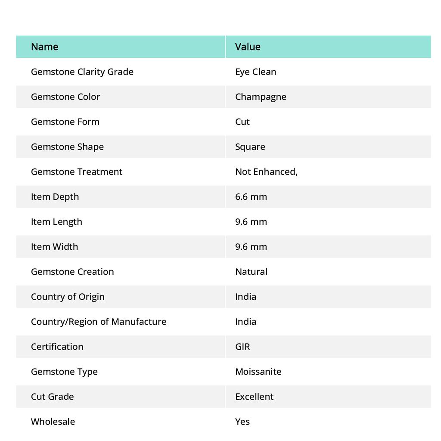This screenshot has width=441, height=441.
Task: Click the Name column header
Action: pos(44,47)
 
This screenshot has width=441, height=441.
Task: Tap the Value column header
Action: pos(248,47)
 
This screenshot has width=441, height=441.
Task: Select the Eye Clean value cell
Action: pos(255,71)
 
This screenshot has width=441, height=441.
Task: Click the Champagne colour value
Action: pos(261,96)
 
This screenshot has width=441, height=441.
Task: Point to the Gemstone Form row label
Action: pos(65,121)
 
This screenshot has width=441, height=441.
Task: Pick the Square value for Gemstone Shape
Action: pos(250,146)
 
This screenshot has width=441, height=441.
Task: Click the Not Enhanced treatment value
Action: pos(266,171)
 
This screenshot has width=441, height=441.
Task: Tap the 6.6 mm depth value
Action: pos(251,196)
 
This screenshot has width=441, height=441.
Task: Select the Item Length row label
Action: pos(56,221)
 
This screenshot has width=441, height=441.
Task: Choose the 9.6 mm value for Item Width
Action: pos(251,246)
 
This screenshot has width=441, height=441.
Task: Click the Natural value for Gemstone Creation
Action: pos(251,271)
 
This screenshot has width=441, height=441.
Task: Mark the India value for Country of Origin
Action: pos(245,296)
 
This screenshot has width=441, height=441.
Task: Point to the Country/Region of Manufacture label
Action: pos(99,321)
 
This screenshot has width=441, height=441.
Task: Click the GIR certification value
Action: pos(242,346)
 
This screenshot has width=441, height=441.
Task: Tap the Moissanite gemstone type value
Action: pos(258,371)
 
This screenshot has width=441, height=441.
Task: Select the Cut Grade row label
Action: pos(52,396)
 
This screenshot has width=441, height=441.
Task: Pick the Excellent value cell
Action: pos(254,396)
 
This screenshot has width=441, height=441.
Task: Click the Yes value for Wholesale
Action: pos(242,421)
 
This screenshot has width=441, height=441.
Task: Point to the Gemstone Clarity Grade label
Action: pos(82,71)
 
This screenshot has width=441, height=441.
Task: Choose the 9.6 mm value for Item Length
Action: pos(251,221)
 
